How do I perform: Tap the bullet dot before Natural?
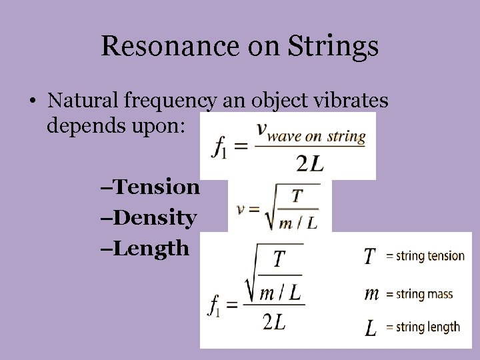pos(31,102)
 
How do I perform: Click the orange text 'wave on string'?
pos(317,137)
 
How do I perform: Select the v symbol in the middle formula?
pos(242,208)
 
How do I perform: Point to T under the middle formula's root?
pos(297,196)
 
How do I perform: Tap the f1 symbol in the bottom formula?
pos(214,305)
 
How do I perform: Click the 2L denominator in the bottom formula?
pos(274,322)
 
